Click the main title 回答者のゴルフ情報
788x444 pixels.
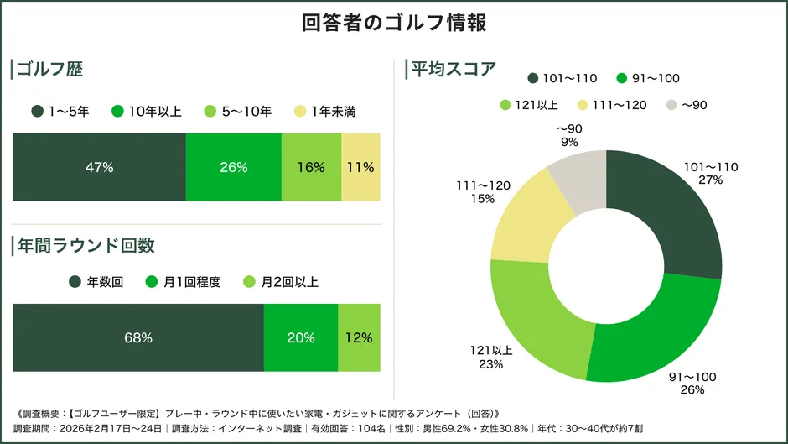click(x=393, y=23)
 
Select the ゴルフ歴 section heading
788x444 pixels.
click(x=50, y=70)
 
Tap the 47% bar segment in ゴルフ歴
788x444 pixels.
click(x=99, y=167)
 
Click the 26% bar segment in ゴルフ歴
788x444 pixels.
click(x=233, y=167)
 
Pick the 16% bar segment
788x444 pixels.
click(x=310, y=167)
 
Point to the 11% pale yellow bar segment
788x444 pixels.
click(x=360, y=167)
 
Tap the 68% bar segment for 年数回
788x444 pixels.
click(x=137, y=337)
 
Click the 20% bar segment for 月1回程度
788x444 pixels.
click(x=300, y=337)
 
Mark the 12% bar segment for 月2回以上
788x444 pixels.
click(x=359, y=337)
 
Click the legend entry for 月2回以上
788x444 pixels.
click(x=280, y=282)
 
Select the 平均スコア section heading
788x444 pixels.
click(x=453, y=70)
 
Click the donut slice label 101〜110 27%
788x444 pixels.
click(x=711, y=174)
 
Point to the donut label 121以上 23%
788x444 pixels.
click(x=491, y=358)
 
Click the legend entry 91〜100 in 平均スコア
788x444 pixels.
click(x=647, y=78)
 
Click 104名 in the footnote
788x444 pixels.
click(x=371, y=428)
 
